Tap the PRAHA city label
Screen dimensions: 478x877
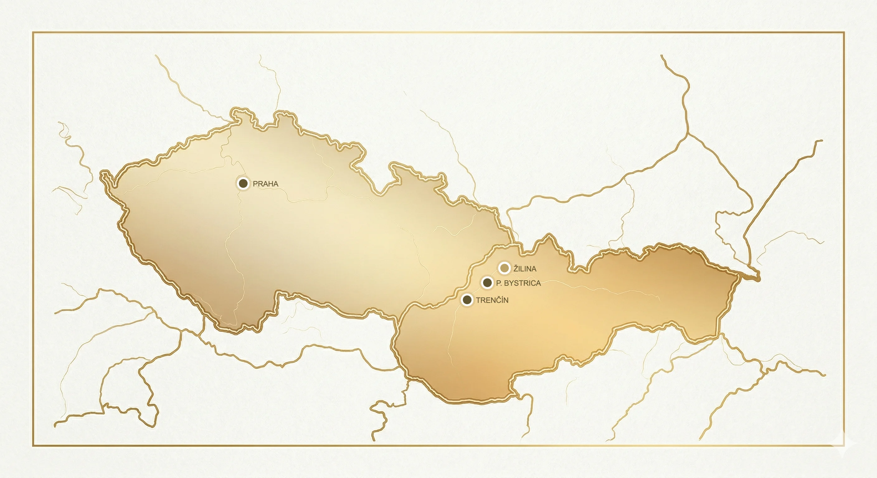click(266, 184)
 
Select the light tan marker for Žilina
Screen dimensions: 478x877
click(504, 268)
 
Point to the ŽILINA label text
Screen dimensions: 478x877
click(525, 269)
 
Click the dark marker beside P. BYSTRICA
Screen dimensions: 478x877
click(487, 282)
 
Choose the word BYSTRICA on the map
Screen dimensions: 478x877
click(522, 283)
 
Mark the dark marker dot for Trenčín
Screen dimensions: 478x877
click(467, 300)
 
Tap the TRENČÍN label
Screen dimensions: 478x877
click(492, 300)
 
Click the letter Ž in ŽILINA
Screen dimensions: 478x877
click(516, 269)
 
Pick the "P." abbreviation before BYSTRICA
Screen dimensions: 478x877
click(499, 283)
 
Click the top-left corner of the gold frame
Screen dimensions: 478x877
click(33, 33)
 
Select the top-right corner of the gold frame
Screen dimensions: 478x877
click(844, 33)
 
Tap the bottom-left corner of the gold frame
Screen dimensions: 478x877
click(33, 445)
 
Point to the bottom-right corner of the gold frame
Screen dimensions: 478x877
click(844, 445)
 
